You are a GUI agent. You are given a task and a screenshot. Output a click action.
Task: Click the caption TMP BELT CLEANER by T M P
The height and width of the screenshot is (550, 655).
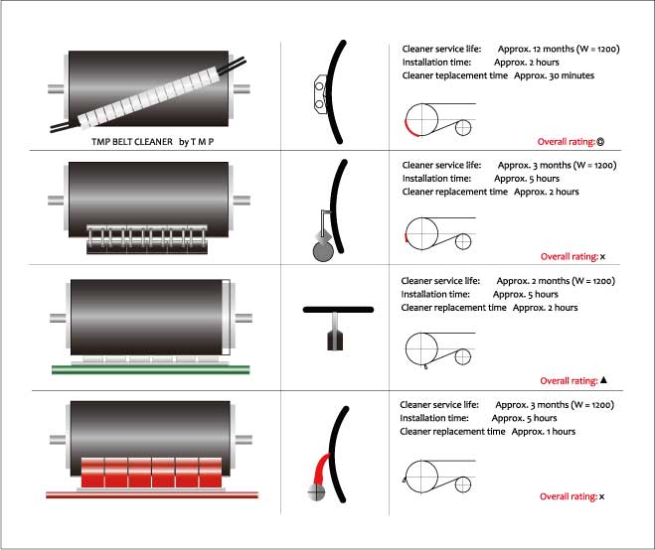pos(152,142)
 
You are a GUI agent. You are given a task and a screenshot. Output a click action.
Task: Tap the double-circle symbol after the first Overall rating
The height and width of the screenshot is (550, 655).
pos(600,142)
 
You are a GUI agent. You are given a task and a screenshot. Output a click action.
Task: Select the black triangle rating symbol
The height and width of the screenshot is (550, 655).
pos(603,380)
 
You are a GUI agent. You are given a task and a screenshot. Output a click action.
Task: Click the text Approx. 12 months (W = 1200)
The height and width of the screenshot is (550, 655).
pos(559,49)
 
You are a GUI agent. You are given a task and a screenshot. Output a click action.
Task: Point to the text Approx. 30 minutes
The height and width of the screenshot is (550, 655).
pos(554,75)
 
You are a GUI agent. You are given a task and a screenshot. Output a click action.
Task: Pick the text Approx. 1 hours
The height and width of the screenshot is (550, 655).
pos(544,432)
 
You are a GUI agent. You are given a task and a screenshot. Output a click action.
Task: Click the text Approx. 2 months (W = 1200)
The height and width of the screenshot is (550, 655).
pos(556,281)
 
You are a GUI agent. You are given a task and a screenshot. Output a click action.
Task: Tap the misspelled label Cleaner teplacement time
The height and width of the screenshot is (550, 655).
pos(455,75)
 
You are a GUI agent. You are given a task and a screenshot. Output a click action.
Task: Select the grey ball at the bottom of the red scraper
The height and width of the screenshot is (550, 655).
pos(316,492)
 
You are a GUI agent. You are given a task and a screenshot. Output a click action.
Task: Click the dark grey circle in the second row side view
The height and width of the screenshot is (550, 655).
pos(323,251)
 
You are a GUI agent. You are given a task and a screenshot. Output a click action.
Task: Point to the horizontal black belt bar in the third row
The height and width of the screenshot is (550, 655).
pos(338,310)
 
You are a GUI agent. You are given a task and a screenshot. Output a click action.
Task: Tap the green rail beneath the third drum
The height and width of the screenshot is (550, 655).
pos(151,369)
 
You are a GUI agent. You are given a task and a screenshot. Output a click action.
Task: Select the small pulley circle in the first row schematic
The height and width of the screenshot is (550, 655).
pos(463,128)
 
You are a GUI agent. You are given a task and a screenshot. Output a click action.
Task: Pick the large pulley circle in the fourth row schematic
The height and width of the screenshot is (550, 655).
pos(421,477)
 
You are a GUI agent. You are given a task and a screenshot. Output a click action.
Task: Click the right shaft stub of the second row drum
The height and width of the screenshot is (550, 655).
pos(242,201)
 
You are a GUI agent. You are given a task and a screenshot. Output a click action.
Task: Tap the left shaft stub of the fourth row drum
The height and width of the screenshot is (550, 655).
pos(58,440)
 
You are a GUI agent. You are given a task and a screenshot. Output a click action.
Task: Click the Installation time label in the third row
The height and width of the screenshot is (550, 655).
pos(435,294)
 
